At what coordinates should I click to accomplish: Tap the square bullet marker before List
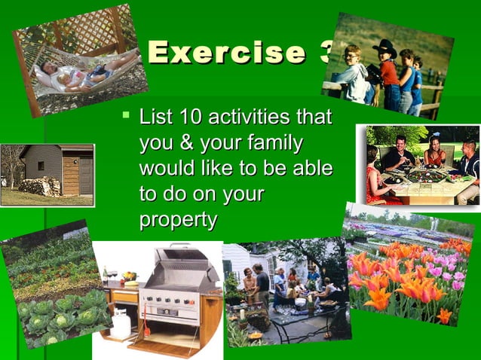(124, 116)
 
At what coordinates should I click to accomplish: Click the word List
(155, 117)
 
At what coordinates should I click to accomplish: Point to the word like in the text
(222, 168)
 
